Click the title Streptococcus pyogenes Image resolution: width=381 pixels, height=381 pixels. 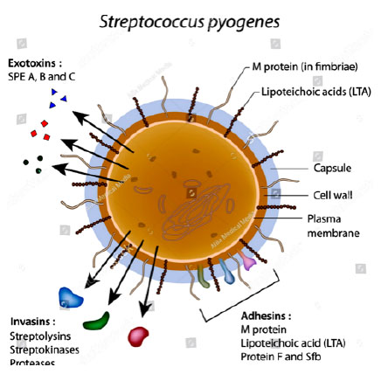pyautogui.click(x=190, y=22)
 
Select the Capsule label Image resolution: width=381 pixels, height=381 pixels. pyautogui.click(x=332, y=168)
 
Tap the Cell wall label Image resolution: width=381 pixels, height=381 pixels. pyautogui.click(x=333, y=195)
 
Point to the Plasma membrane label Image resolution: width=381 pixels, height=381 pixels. pyautogui.click(x=333, y=226)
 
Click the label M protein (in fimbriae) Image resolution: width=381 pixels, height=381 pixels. pyautogui.click(x=305, y=67)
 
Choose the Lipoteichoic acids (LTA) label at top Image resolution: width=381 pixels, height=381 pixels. pyautogui.click(x=316, y=92)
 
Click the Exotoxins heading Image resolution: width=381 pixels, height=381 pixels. pyautogui.click(x=35, y=63)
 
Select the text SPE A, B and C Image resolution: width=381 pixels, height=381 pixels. pyautogui.click(x=41, y=77)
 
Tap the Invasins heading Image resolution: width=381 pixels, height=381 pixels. pyautogui.click(x=33, y=322)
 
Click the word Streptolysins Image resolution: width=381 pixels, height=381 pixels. pyautogui.click(x=40, y=336)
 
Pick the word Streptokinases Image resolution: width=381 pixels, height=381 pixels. pyautogui.click(x=45, y=350)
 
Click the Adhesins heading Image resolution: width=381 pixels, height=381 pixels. pyautogui.click(x=266, y=315)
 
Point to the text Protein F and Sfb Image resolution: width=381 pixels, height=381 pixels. pyautogui.click(x=281, y=357)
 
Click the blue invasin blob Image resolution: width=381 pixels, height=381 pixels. pyautogui.click(x=71, y=297)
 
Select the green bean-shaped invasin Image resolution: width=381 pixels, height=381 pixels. pyautogui.click(x=97, y=322)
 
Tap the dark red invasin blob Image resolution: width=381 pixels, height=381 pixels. pyautogui.click(x=138, y=336)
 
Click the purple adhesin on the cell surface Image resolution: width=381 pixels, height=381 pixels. pyautogui.click(x=246, y=260)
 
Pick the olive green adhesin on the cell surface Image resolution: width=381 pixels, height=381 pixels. pyautogui.click(x=203, y=276)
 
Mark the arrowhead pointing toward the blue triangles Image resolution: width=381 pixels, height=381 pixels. pyautogui.click(x=80, y=118)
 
